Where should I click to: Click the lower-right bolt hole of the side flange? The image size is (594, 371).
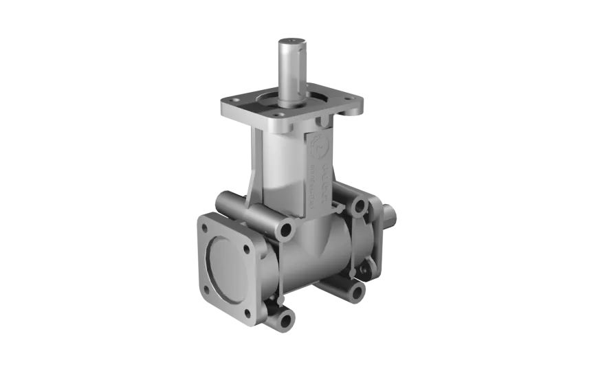tap(248, 314)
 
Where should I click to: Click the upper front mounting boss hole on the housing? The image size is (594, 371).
tap(283, 229)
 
